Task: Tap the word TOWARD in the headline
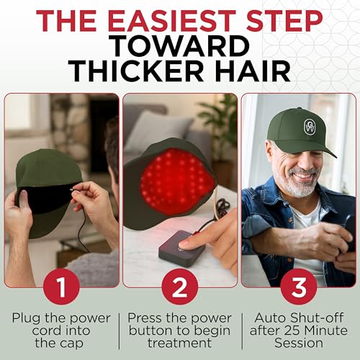[179, 45]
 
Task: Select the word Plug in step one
[27, 318]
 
